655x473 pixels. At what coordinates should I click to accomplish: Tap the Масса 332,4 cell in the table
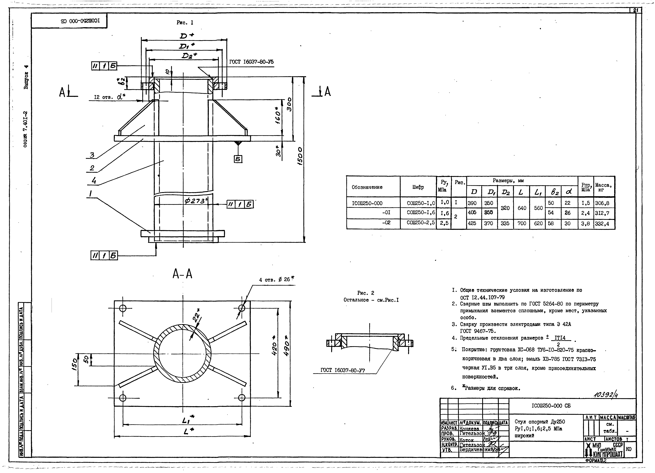pos(604,224)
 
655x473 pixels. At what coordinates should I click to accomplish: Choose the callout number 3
pos(92,155)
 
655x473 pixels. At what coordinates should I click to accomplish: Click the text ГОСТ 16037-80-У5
pos(251,62)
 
